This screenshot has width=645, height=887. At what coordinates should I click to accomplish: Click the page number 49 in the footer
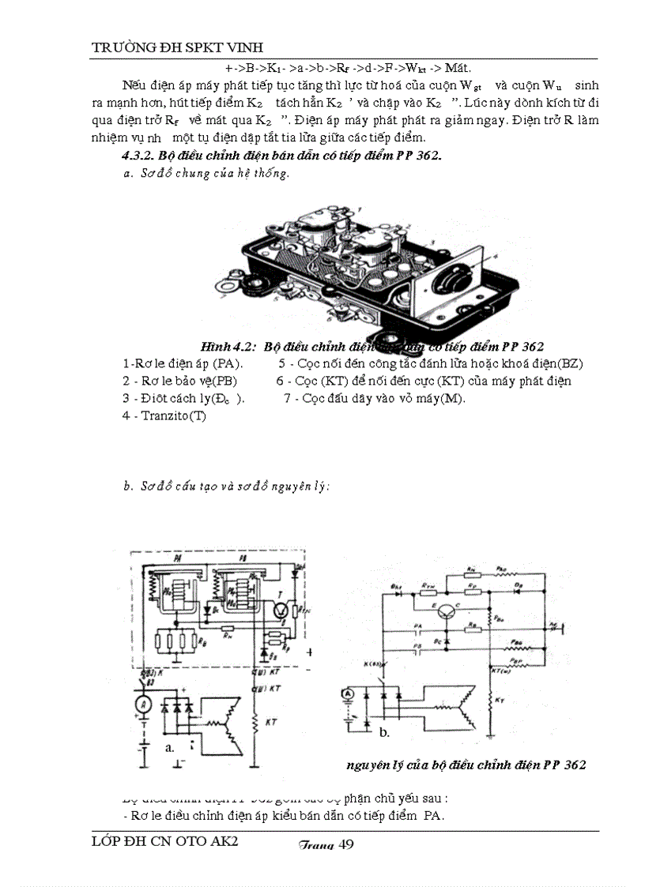tap(345, 844)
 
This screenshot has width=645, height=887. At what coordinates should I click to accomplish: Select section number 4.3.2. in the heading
tap(134, 155)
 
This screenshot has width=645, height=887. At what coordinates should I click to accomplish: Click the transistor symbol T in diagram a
tap(277, 607)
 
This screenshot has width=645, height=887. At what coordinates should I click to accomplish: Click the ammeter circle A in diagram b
tap(345, 693)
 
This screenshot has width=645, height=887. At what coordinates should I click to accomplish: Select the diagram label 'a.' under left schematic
tap(168, 746)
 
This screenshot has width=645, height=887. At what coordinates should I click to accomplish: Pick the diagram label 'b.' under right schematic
tap(385, 732)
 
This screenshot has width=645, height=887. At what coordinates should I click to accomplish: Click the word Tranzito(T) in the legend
tap(164, 415)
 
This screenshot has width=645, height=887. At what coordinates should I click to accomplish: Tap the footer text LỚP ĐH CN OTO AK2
tap(165, 842)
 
